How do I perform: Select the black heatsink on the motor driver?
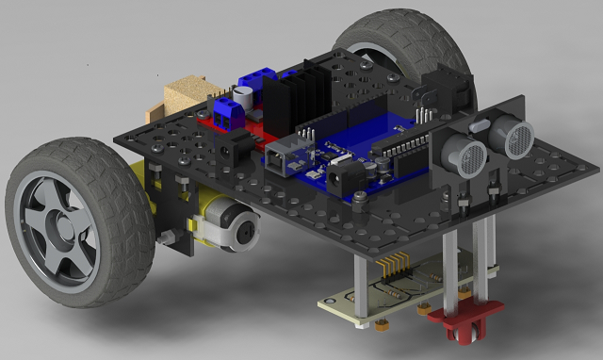click(x=291, y=99)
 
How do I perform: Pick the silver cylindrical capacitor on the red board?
click(x=245, y=97)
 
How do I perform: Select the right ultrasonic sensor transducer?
click(x=516, y=138)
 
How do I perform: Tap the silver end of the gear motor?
click(x=243, y=229)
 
